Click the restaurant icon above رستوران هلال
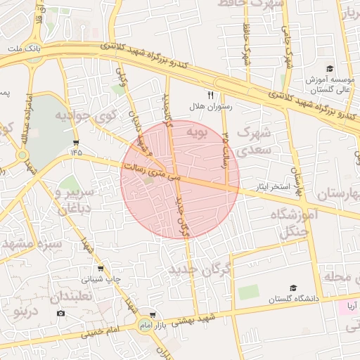pyautogui.click(x=210, y=94)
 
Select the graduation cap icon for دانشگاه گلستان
pyautogui.click(x=293, y=288)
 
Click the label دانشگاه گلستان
pyautogui.click(x=294, y=300)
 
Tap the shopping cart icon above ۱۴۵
pyautogui.click(x=75, y=142)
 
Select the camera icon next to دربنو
pyautogui.click(x=61, y=312)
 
